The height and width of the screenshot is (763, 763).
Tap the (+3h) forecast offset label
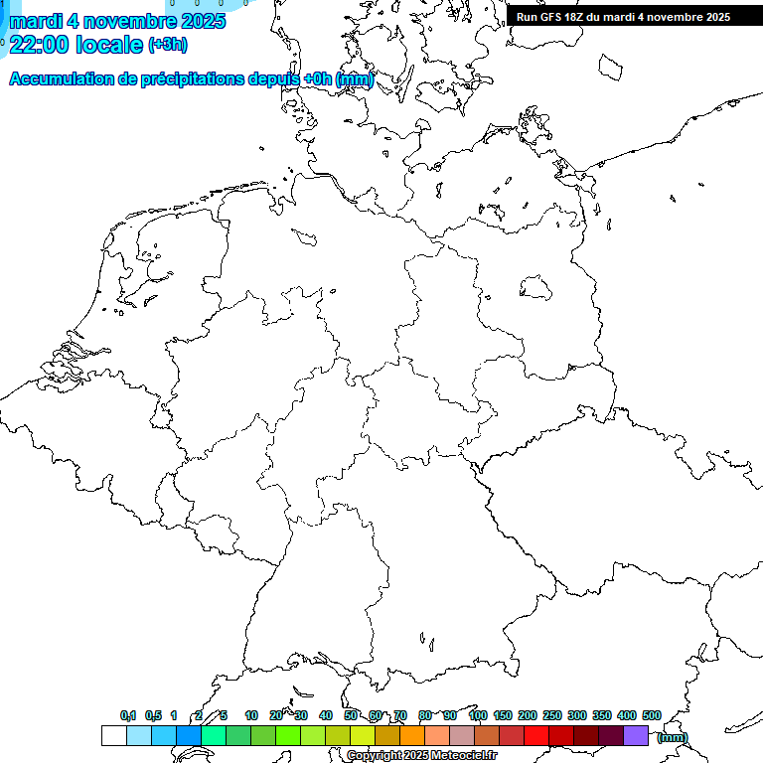pyautogui.click(x=167, y=45)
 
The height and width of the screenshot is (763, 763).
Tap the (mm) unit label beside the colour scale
pyautogui.click(x=672, y=737)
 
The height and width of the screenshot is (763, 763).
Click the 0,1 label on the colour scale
pyautogui.click(x=128, y=715)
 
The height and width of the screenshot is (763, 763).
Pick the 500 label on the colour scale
pyautogui.click(x=651, y=715)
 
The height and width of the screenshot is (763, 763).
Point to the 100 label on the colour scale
pyautogui.click(x=477, y=715)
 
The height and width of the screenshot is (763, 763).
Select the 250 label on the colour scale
pyautogui.click(x=552, y=715)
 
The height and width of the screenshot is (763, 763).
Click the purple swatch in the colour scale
pyautogui.click(x=636, y=736)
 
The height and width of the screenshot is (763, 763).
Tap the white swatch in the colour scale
pyautogui.click(x=113, y=736)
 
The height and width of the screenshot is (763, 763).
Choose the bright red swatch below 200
pyautogui.click(x=536, y=736)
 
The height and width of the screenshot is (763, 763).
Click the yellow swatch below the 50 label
pyautogui.click(x=362, y=736)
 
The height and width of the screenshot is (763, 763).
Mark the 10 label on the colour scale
pyautogui.click(x=251, y=715)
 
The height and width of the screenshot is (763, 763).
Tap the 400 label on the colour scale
pyautogui.click(x=626, y=715)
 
